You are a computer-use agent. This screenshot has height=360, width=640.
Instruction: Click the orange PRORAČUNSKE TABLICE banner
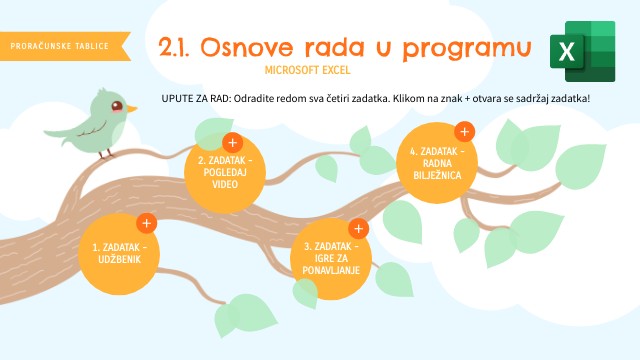click(63, 46)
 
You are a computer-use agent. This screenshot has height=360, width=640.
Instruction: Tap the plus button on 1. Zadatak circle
click(146, 224)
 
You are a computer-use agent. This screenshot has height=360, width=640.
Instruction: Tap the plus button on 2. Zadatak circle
click(231, 143)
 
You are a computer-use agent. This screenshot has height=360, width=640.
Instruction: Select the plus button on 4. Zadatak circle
click(463, 132)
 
